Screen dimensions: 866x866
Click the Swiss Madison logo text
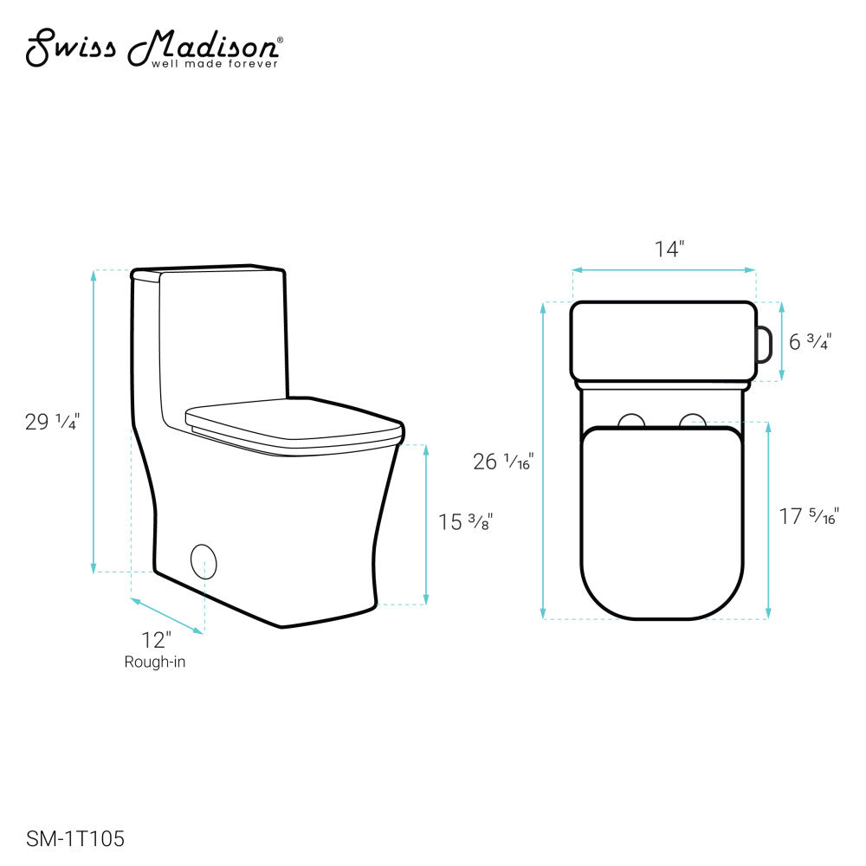(152, 47)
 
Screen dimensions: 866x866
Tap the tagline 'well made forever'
(215, 63)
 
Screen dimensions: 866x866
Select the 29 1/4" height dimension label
(52, 422)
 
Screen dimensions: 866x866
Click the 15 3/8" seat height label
(466, 522)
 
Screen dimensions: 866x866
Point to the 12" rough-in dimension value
(157, 641)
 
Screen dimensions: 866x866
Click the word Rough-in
(155, 662)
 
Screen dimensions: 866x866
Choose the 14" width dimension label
(669, 249)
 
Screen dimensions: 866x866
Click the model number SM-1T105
(76, 838)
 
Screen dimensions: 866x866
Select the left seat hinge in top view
(632, 421)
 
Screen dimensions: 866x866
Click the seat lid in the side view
(294, 423)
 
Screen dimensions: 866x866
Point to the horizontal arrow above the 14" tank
(663, 271)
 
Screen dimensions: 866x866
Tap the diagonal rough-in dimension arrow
(167, 616)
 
